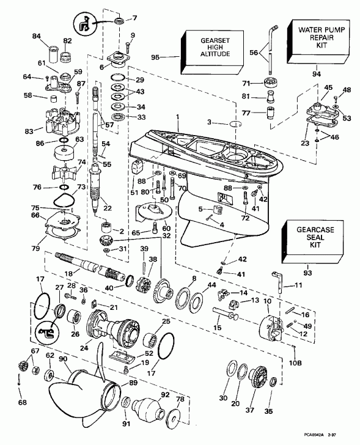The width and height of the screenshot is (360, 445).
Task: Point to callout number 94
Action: point(316,74)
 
